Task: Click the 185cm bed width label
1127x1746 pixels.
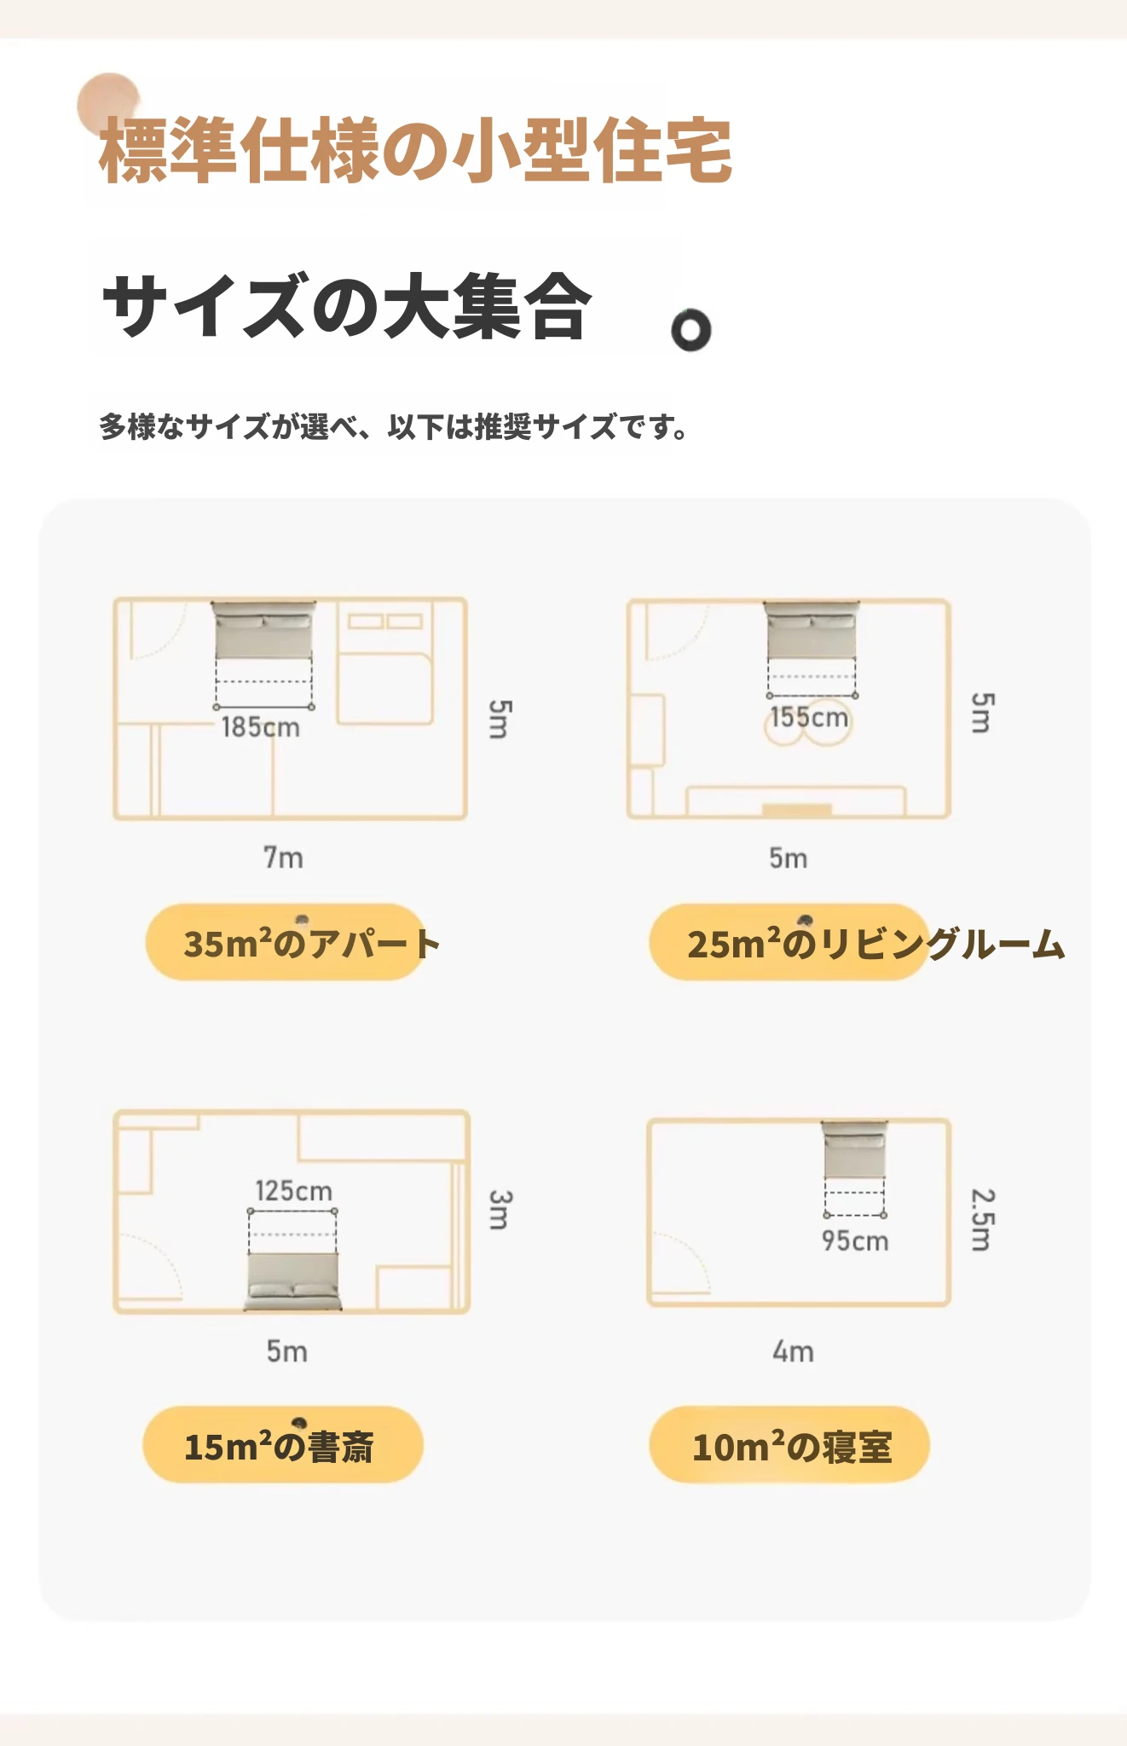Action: (x=260, y=727)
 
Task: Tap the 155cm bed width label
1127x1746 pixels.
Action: (x=809, y=717)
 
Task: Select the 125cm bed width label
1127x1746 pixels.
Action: (x=293, y=1191)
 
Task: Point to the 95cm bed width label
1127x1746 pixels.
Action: (x=855, y=1240)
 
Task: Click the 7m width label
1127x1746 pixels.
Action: (x=283, y=857)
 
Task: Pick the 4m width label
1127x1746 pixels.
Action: (x=793, y=1351)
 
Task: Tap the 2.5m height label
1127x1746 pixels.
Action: (x=983, y=1220)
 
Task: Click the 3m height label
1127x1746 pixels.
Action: (x=500, y=1211)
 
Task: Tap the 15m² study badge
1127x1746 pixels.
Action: (x=283, y=1444)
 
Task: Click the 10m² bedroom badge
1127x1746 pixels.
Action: (x=789, y=1444)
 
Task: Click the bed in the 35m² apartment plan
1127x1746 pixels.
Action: (x=263, y=630)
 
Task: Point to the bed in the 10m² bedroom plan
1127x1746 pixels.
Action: (x=854, y=1150)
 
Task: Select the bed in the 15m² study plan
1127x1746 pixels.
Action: (x=292, y=1281)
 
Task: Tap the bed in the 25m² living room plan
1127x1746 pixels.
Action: (x=812, y=631)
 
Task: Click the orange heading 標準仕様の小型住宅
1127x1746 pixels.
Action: (x=416, y=151)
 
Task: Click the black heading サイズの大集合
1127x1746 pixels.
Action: (x=347, y=306)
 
